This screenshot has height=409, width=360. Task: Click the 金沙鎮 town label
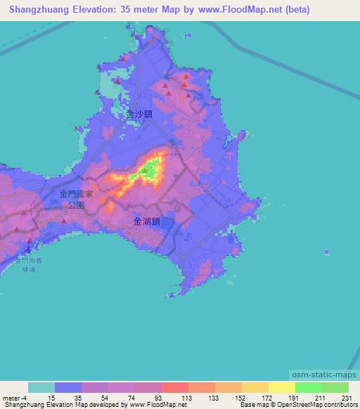point(139,112)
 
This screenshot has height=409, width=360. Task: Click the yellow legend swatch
point(281,387)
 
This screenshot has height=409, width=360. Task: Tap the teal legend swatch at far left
point(41,387)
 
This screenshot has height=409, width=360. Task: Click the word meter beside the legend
point(13,398)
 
